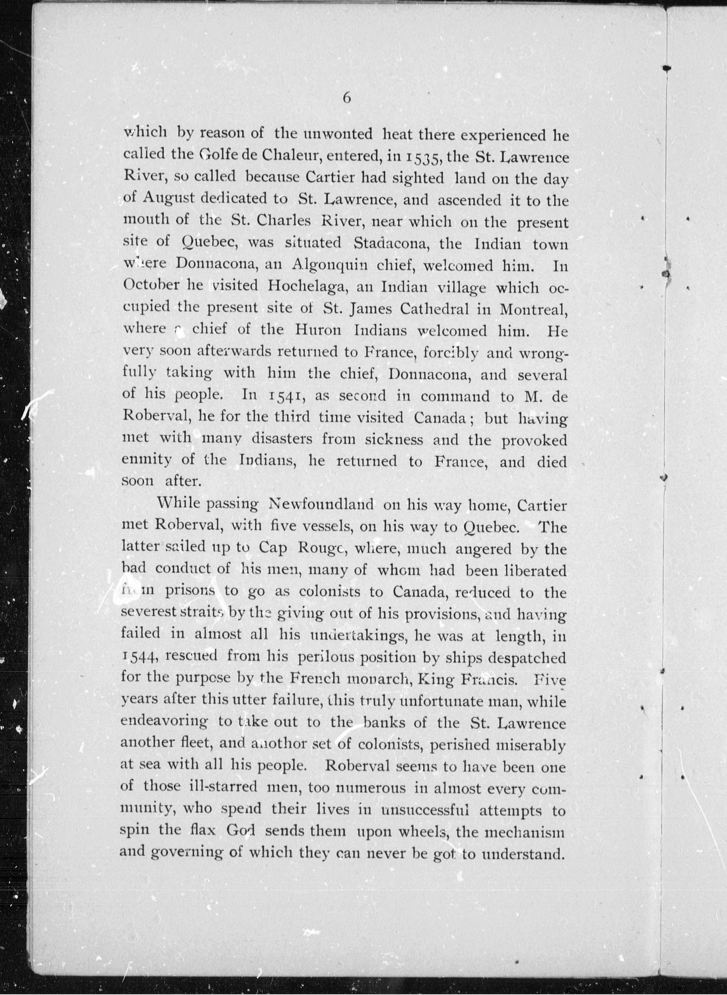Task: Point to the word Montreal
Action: [532, 309]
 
